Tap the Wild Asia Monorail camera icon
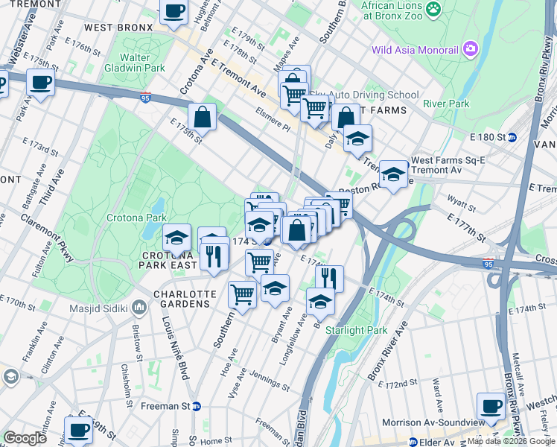[x=470, y=50]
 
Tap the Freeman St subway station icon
[x=197, y=406]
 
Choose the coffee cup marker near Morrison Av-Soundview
[x=491, y=405]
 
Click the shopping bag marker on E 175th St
[x=202, y=115]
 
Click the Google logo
[x=25, y=438]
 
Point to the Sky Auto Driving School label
[x=364, y=95]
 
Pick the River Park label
[x=446, y=104]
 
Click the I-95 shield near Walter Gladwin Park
[x=145, y=96]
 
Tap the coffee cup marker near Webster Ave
[x=40, y=82]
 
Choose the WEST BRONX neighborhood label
[x=118, y=28]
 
